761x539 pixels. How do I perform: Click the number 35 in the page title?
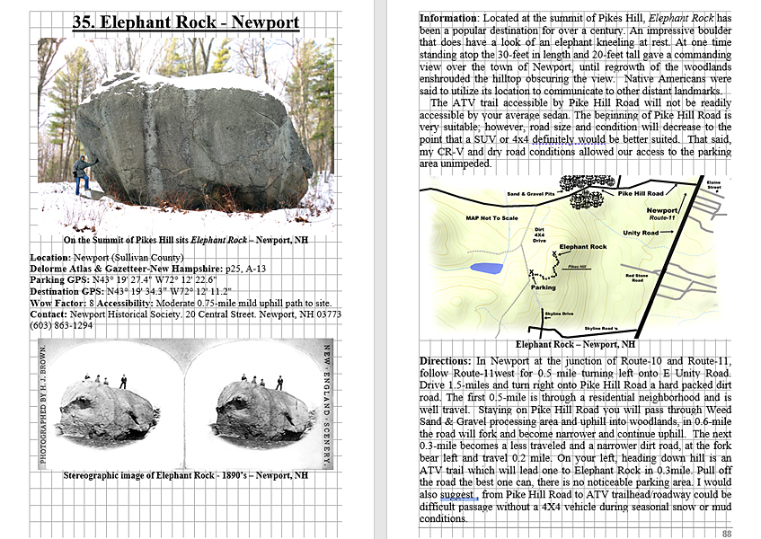(x=84, y=21)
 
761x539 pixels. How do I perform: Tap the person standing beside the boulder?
(x=82, y=174)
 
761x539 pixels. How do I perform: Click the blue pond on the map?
(x=487, y=268)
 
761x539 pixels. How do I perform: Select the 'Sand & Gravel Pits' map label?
(x=529, y=194)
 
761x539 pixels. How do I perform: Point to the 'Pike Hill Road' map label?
(x=642, y=194)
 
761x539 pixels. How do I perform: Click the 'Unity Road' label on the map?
(x=640, y=233)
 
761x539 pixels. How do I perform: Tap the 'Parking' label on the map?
(x=544, y=287)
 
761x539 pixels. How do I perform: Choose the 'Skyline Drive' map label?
(x=559, y=314)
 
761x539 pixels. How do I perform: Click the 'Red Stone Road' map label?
(x=637, y=278)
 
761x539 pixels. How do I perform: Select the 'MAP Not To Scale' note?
(x=491, y=218)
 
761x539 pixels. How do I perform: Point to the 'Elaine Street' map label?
(x=713, y=184)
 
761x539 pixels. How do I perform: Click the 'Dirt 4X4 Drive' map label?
(x=539, y=235)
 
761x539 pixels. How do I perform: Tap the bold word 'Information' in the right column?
(x=448, y=18)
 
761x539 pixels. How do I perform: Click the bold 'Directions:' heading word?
(x=446, y=360)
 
